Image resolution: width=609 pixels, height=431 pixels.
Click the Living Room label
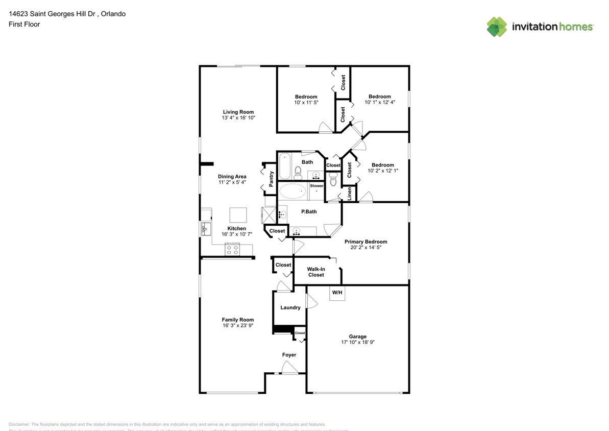coord(238,112)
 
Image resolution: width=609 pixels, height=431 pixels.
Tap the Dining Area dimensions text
coord(232,182)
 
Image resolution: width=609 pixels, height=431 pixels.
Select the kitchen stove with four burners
coord(232,250)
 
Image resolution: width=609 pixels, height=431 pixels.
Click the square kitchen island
coord(237,214)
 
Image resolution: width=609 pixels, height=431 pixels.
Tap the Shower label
coord(316,186)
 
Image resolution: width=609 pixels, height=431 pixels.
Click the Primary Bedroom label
coord(366,242)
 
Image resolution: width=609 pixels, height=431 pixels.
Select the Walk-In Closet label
coord(315,272)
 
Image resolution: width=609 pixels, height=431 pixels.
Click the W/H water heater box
coord(337,293)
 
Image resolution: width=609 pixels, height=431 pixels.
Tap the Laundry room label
coord(290,307)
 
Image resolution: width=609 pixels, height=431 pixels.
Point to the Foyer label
coord(289,355)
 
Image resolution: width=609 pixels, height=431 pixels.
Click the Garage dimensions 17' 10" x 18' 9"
coord(357,343)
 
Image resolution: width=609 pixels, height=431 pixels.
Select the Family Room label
coord(237,320)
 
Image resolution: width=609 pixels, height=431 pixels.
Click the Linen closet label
coord(349,194)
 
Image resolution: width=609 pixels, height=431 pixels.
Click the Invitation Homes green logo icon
coord(497,27)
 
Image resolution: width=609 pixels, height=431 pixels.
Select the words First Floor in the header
coord(24,24)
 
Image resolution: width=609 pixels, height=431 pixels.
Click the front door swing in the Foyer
coord(289,368)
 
